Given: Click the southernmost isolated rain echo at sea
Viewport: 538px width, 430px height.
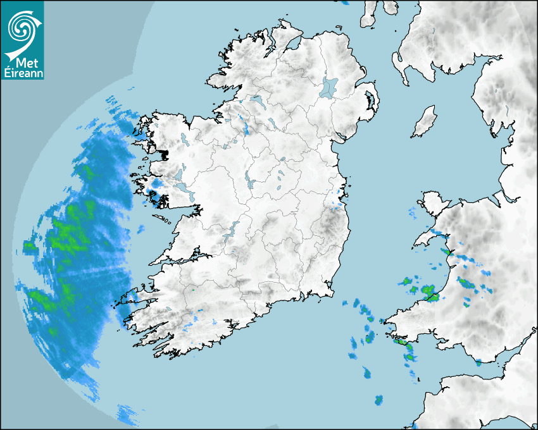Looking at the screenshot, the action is [378, 400].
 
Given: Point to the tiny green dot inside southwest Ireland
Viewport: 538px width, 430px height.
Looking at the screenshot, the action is [192, 290].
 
